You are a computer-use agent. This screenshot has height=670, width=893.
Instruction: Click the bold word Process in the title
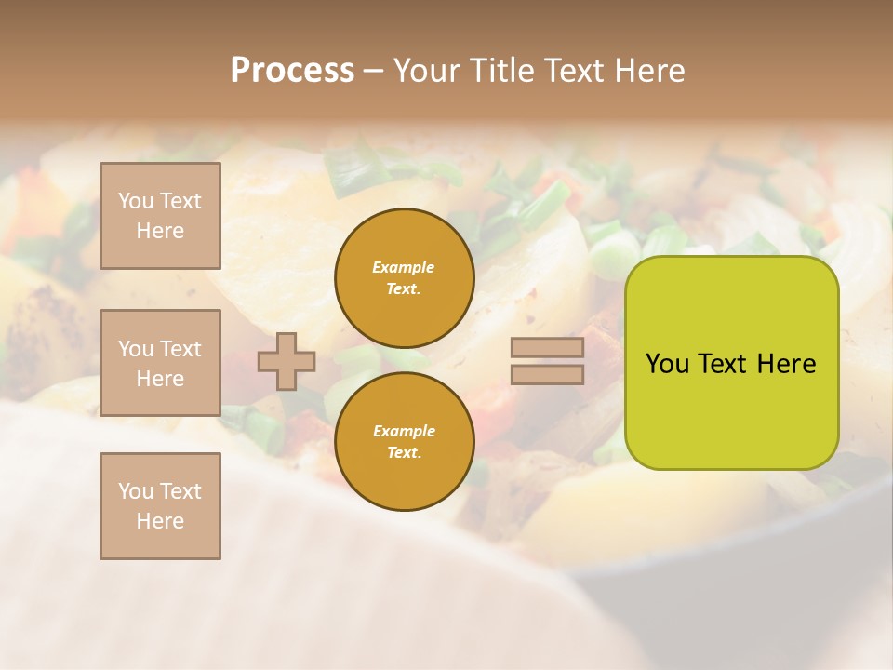pyautogui.click(x=292, y=71)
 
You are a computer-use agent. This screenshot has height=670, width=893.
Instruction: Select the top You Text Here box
pyautogui.click(x=160, y=216)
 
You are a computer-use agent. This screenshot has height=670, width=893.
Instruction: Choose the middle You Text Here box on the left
pyautogui.click(x=160, y=363)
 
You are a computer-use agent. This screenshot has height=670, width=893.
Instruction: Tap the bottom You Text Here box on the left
pyautogui.click(x=160, y=505)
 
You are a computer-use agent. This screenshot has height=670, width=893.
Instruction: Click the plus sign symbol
pyautogui.click(x=287, y=361)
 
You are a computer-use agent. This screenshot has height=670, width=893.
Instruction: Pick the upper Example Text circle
pyautogui.click(x=404, y=277)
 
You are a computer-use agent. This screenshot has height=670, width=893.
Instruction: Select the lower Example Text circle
pyautogui.click(x=404, y=441)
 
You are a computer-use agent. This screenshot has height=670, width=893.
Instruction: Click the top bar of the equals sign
pyautogui.click(x=547, y=348)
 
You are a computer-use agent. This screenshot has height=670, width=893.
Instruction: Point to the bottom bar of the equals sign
pyautogui.click(x=547, y=374)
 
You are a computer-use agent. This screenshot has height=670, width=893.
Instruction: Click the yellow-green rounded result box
pyautogui.click(x=731, y=363)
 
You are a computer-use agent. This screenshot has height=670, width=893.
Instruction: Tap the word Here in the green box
pyautogui.click(x=786, y=364)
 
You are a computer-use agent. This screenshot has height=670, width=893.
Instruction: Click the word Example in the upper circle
pyautogui.click(x=404, y=267)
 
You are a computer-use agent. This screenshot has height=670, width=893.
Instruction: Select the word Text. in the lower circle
pyautogui.click(x=404, y=452)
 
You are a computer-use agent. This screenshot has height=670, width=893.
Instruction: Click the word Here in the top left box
pyautogui.click(x=160, y=231)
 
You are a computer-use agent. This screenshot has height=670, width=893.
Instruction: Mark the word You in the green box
pyautogui.click(x=666, y=364)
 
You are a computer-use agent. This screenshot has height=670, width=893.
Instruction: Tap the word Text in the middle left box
pyautogui.click(x=180, y=349)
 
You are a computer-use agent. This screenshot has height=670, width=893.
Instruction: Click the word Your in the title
pyautogui.click(x=427, y=71)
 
